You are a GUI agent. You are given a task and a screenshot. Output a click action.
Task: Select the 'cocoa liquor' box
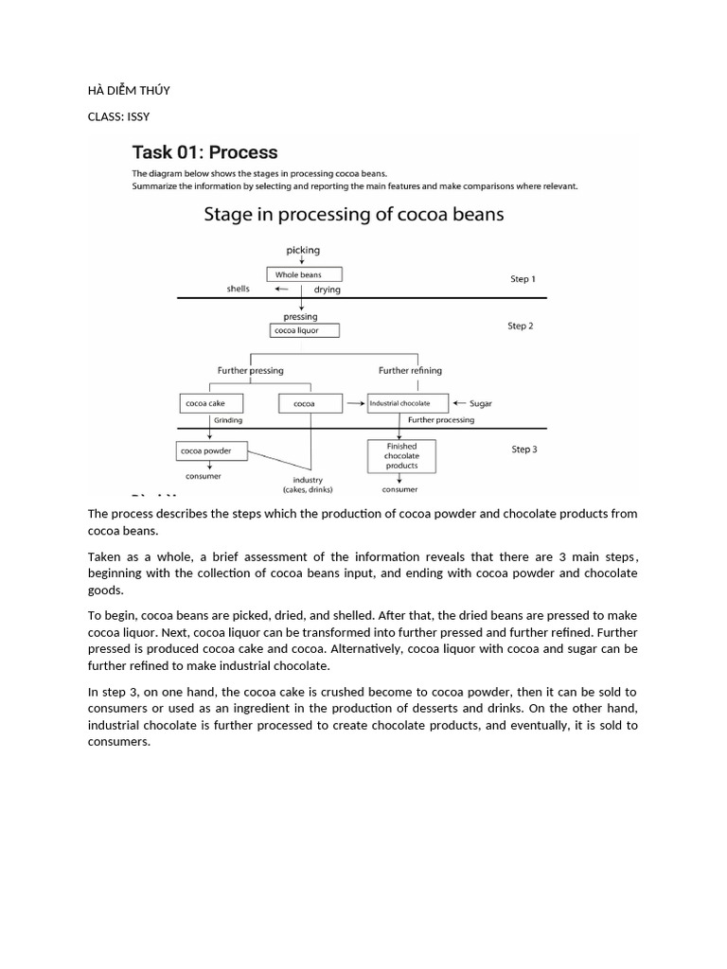(303, 330)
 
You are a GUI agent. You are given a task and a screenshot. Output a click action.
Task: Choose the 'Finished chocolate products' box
(401, 456)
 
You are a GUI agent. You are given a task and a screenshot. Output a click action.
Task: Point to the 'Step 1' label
(523, 279)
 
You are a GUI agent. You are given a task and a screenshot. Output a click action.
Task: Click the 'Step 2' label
(521, 326)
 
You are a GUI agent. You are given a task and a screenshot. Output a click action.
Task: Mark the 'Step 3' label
(523, 449)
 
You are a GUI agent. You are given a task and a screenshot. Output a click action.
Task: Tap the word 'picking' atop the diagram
(303, 251)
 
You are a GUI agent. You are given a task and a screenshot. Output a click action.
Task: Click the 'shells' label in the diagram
(238, 289)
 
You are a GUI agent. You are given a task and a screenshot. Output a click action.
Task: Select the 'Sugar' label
(481, 404)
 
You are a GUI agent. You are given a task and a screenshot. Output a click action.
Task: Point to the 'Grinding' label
(228, 419)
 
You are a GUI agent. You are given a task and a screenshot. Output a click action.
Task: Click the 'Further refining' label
(410, 370)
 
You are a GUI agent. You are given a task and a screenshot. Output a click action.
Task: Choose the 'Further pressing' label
(250, 370)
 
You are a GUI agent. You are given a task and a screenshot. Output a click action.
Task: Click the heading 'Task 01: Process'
(204, 152)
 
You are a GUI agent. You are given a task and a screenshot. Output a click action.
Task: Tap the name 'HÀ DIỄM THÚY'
(129, 91)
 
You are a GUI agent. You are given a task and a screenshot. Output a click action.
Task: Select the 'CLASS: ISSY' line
(118, 116)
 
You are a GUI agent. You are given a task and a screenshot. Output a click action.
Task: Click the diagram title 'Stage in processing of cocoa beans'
(354, 214)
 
